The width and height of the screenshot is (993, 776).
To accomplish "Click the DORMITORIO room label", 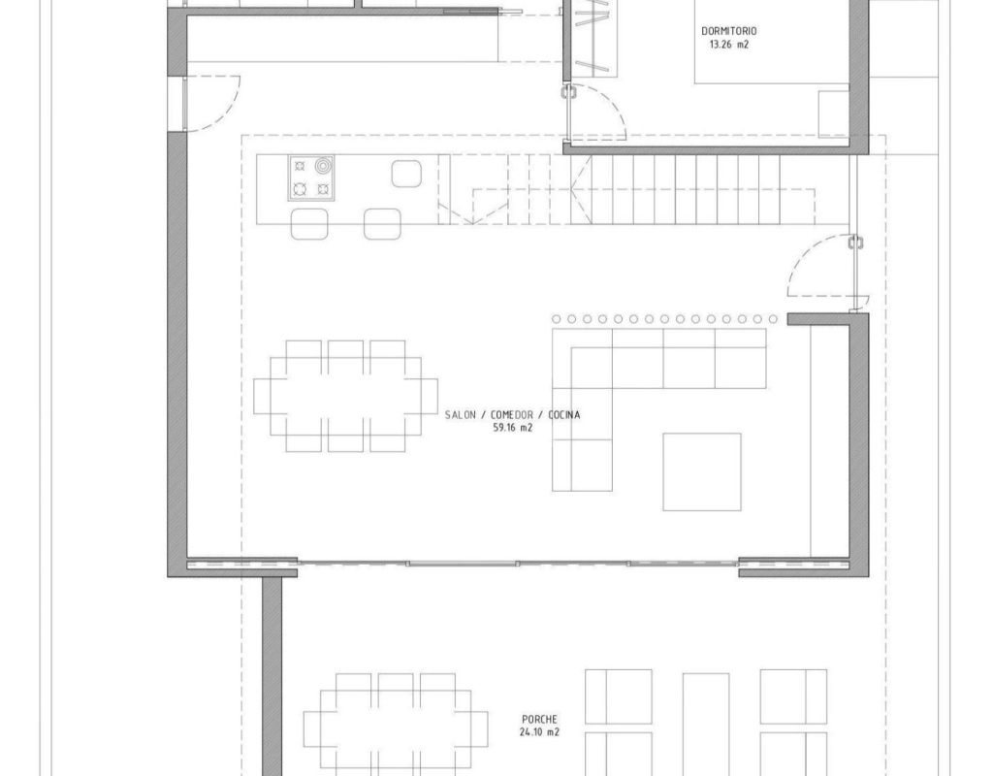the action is coord(728,30).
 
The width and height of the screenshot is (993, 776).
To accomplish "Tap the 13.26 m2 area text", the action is coord(728,45).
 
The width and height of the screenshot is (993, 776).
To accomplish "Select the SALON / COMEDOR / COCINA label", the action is coord(512,415).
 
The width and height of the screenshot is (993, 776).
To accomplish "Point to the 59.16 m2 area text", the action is coord(512,428).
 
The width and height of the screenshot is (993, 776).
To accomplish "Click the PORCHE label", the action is coord(539,719).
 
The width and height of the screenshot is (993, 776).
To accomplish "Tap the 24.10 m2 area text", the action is coord(539,732).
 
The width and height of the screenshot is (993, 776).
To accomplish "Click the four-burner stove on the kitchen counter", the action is coord(311,178).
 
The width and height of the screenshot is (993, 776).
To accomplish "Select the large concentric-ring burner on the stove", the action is coord(323,166).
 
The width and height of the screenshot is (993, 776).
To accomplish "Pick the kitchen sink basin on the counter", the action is coord(406,174).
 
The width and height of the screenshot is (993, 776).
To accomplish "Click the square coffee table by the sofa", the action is coord(702,472).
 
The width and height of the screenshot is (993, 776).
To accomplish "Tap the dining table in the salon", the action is coord(346,397).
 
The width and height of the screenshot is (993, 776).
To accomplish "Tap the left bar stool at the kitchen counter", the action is coord(309,224).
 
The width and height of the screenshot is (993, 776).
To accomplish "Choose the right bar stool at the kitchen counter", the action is coord(382,224).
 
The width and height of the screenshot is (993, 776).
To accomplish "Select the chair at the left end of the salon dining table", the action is coord(262,397).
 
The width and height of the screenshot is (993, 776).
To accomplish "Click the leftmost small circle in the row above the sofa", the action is coord(556,319).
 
